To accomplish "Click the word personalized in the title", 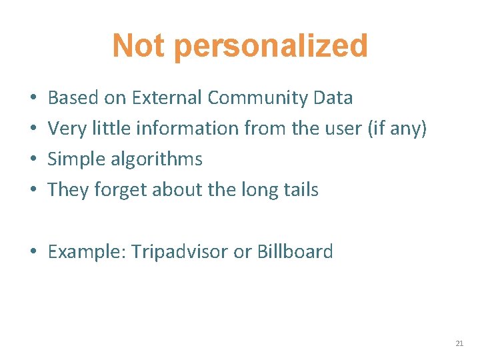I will tap(272, 47).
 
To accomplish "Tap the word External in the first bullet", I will tap(167, 98).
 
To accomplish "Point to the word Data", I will tap(332, 98).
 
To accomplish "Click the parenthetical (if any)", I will tap(397, 129).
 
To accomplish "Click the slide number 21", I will tap(459, 343).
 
